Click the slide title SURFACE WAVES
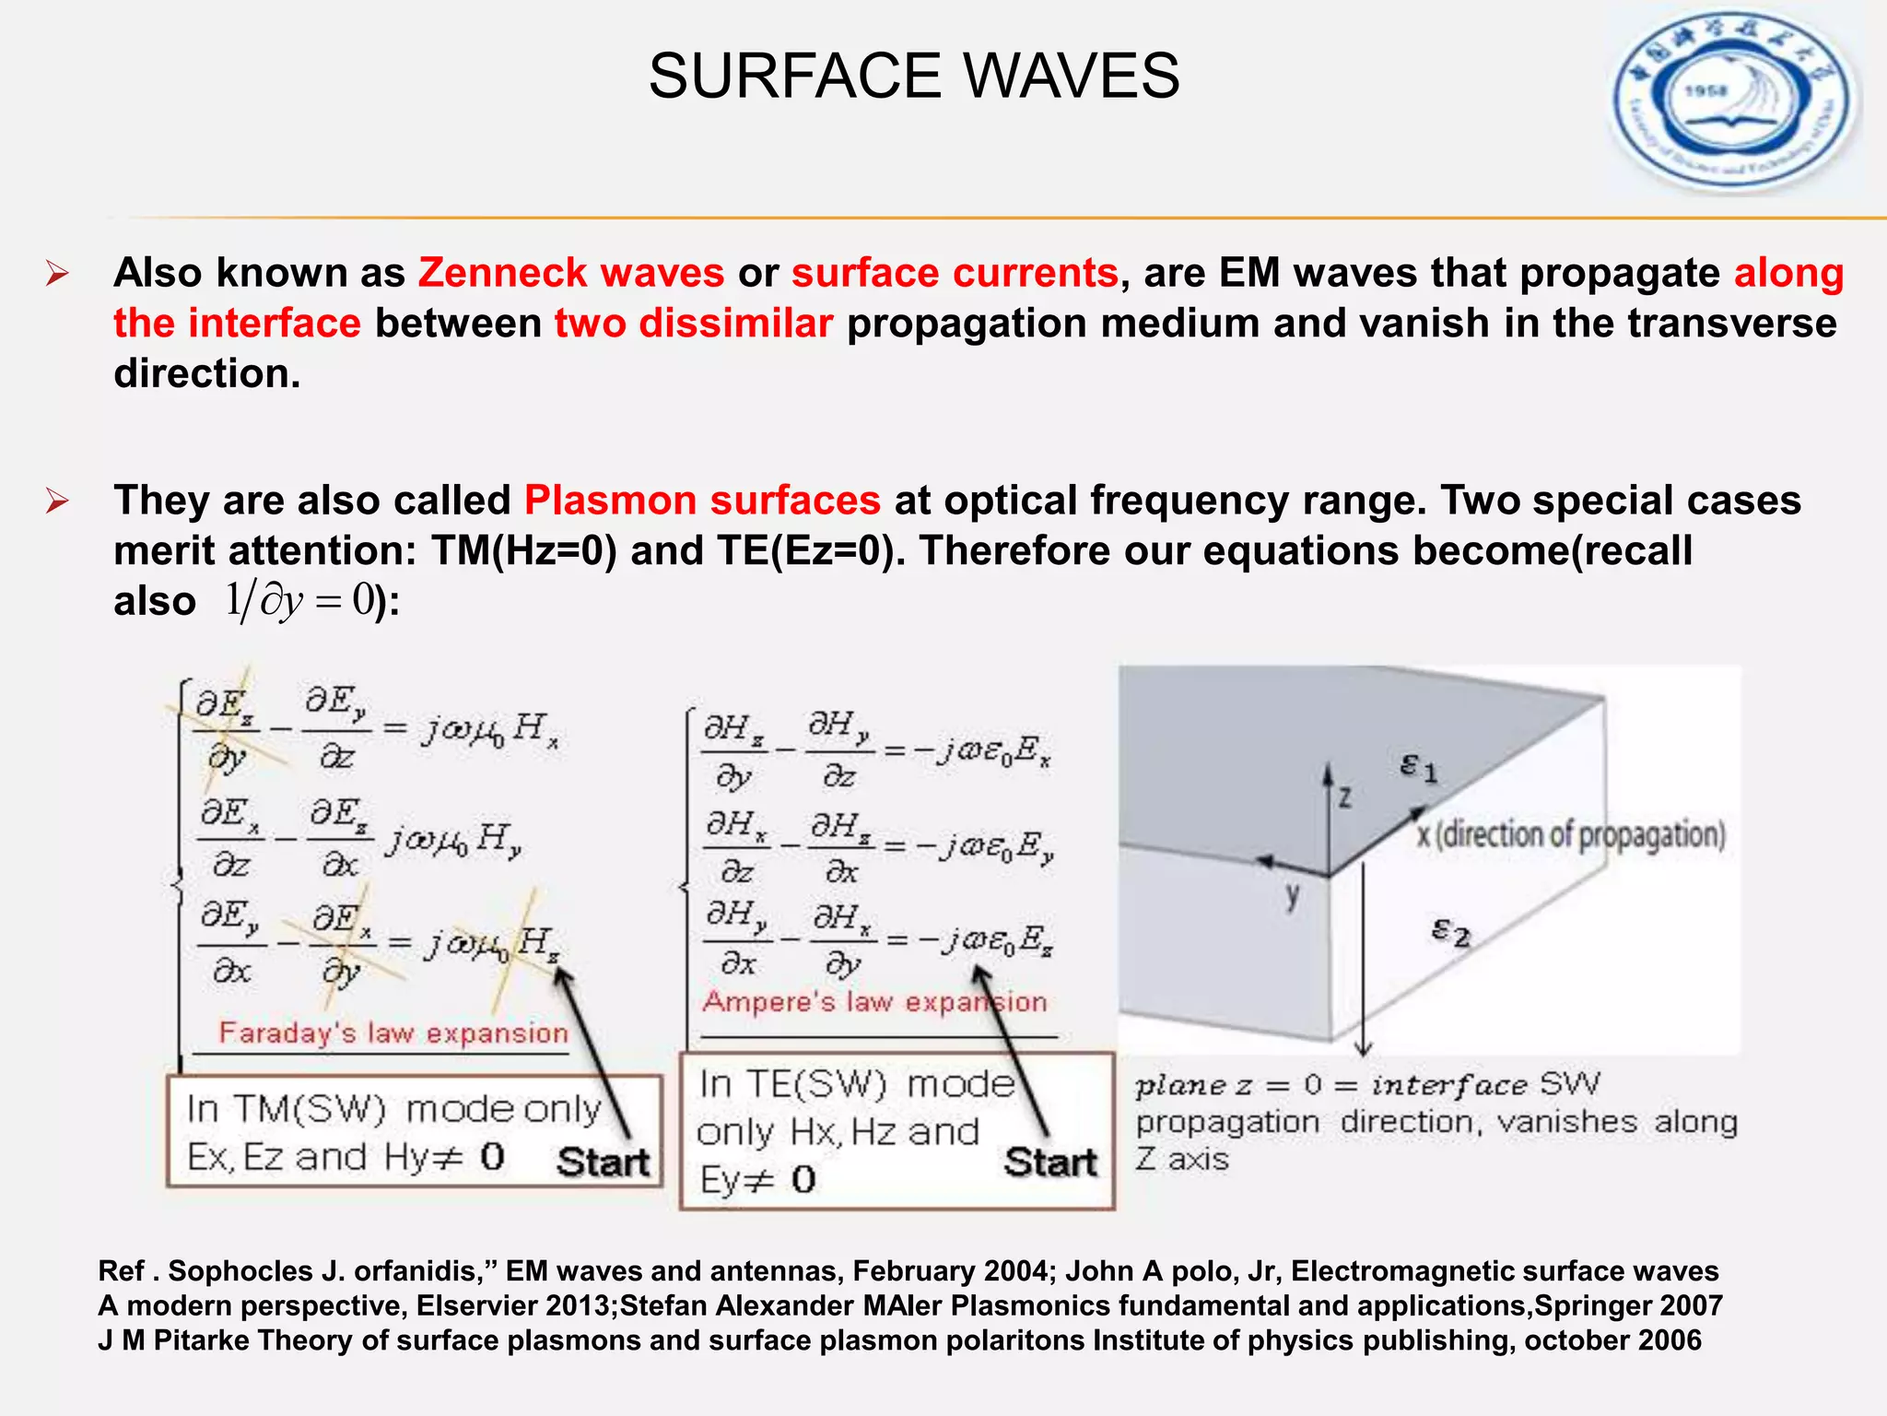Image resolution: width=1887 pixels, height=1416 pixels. (913, 76)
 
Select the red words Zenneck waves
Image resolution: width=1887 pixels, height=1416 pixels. (571, 273)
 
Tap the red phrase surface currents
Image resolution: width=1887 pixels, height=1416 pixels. (955, 273)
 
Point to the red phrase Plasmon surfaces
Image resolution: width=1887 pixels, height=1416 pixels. (702, 501)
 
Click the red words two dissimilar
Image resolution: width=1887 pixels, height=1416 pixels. (694, 324)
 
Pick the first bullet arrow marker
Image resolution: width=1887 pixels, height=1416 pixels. (57, 274)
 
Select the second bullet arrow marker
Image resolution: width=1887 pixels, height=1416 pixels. (57, 501)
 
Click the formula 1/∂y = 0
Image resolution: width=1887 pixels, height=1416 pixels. (299, 601)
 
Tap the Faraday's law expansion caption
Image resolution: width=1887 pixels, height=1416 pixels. (393, 1032)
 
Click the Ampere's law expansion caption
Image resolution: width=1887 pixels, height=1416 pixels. (874, 1001)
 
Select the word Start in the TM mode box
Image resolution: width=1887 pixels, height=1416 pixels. (603, 1162)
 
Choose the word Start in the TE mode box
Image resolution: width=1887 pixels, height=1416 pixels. (1050, 1162)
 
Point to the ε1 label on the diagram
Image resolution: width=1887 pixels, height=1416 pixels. (1418, 766)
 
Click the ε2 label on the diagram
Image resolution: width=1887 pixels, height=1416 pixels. (1450, 932)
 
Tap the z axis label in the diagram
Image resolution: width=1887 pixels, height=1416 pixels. (1345, 796)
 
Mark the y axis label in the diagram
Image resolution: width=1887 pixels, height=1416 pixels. (1293, 894)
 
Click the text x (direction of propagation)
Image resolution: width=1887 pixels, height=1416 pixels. (1570, 834)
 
